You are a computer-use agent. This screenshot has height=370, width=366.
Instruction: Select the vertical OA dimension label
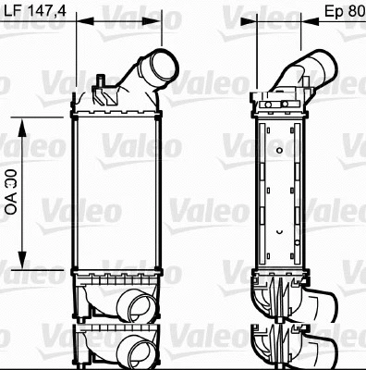click(x=12, y=192)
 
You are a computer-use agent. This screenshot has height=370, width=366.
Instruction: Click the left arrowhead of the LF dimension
click(x=77, y=22)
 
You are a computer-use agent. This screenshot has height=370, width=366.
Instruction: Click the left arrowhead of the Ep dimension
click(x=256, y=22)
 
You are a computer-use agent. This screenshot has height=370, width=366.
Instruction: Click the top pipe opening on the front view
click(x=160, y=68)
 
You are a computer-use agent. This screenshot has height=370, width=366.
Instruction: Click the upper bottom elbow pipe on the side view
click(x=314, y=305)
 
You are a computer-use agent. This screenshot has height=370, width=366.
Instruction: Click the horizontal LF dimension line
click(x=118, y=22)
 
